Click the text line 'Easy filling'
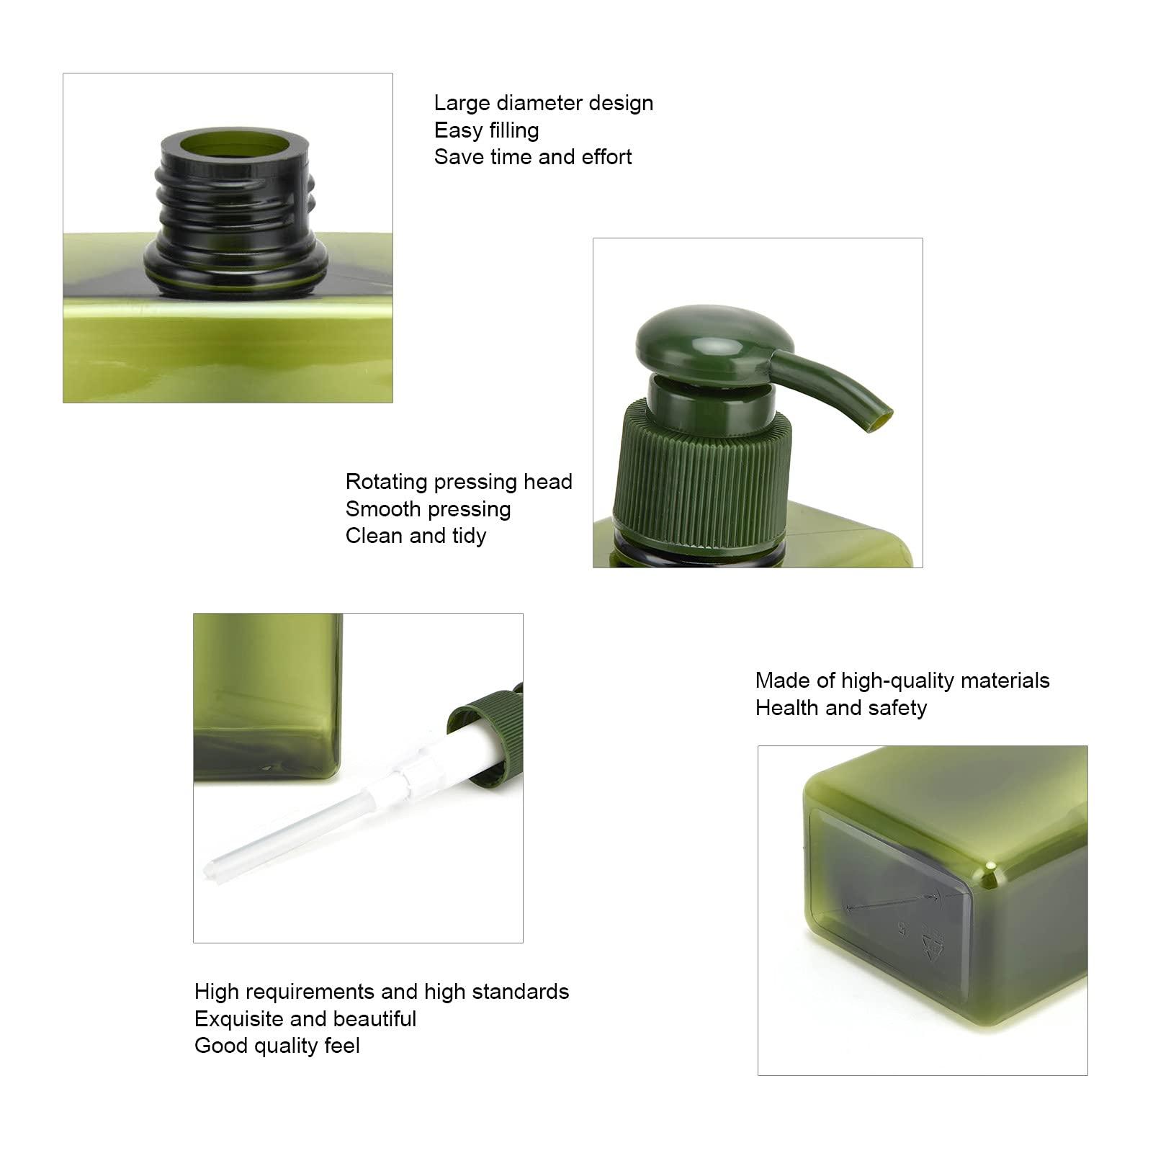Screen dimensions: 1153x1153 pos(486,130)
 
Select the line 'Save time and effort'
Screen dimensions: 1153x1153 pos(533,157)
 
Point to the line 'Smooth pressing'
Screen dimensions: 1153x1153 pos(429,509)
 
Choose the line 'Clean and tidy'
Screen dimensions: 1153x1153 pos(416,536)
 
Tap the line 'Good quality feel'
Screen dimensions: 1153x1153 pos(277,1046)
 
